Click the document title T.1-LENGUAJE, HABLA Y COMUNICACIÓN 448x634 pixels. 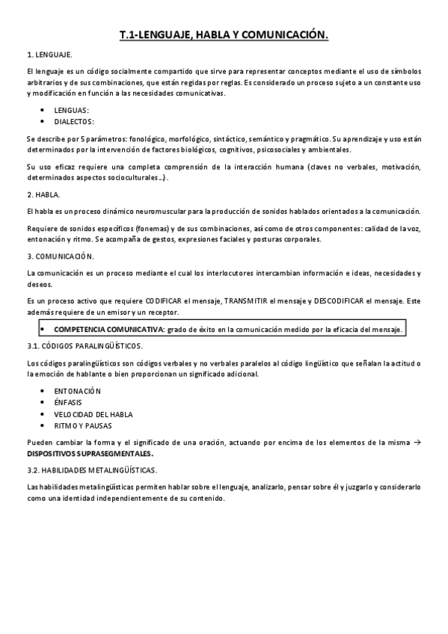[224, 34]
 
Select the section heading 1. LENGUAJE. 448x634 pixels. [49, 55]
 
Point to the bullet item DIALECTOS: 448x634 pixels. [74, 121]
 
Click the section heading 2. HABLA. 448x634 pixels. [43, 194]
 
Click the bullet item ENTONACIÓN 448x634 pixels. [78, 391]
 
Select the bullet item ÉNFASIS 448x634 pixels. [68, 402]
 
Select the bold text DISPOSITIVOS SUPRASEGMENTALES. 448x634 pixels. [90, 453]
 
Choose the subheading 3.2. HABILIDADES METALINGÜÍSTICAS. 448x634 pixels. [91, 470]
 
